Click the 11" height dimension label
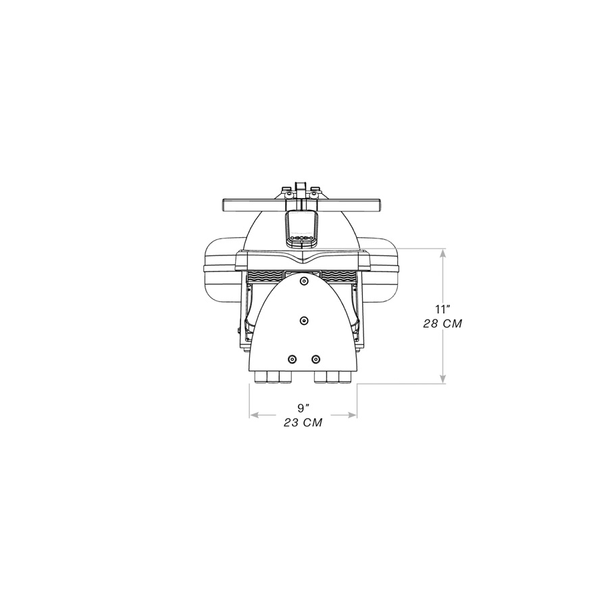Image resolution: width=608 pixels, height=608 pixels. tap(442, 309)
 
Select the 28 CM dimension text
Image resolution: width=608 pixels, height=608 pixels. tap(442, 324)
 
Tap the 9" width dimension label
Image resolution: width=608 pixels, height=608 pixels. tap(303, 407)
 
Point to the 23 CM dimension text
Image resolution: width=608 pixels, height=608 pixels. tap(303, 423)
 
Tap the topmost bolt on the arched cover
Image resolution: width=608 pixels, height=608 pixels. tap(304, 280)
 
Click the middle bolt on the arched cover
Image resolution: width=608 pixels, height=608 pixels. tap(304, 320)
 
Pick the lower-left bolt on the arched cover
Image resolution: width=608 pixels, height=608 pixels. tap(293, 359)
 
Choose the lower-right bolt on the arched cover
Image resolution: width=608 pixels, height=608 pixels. tap(315, 359)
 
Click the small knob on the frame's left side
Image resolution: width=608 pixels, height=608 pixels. tap(239, 330)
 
